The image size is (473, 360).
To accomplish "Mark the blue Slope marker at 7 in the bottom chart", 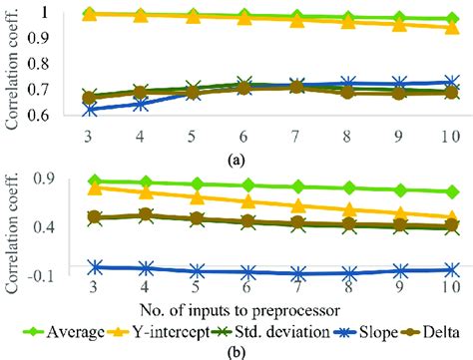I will click(297, 273).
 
